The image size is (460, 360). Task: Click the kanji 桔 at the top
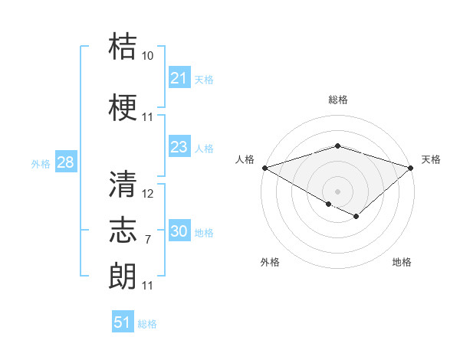pyautogui.click(x=123, y=46)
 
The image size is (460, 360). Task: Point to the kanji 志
pyautogui.click(x=123, y=229)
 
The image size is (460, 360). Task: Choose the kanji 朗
pyautogui.click(x=123, y=275)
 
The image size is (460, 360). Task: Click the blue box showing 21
pyautogui.click(x=179, y=78)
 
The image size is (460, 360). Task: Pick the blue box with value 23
pyautogui.click(x=179, y=147)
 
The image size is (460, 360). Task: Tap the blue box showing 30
pyautogui.click(x=179, y=231)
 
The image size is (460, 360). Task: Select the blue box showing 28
pyautogui.click(x=65, y=162)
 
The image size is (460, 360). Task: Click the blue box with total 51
pyautogui.click(x=123, y=322)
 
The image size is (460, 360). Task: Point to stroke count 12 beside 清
pyautogui.click(x=148, y=194)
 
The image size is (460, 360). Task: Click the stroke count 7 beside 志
pyautogui.click(x=147, y=240)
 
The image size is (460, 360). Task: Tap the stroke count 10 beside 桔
pyautogui.click(x=148, y=56)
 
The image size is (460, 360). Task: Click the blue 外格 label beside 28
pyautogui.click(x=41, y=163)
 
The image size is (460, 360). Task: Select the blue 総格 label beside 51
pyautogui.click(x=147, y=324)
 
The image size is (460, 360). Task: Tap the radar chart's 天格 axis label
pyautogui.click(x=432, y=159)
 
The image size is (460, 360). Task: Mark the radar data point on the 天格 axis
pyautogui.click(x=412, y=167)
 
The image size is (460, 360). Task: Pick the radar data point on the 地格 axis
pyautogui.click(x=356, y=217)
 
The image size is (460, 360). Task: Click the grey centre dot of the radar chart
pyautogui.click(x=338, y=191)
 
